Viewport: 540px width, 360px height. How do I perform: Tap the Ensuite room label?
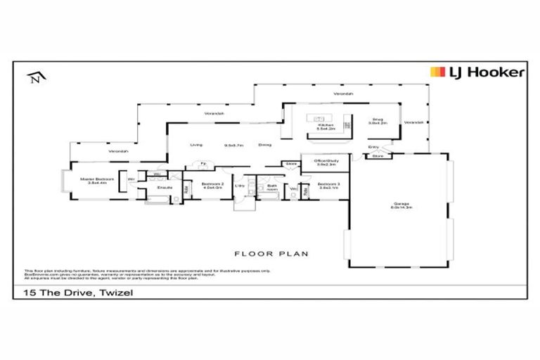(165, 188)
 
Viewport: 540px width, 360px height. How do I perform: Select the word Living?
(196, 145)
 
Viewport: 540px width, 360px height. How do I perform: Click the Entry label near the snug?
(373, 147)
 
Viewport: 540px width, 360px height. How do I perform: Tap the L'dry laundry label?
(240, 186)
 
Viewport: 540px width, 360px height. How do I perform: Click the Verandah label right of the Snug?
(414, 122)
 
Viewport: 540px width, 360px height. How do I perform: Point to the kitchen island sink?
(319, 118)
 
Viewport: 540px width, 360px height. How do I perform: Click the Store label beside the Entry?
(378, 156)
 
